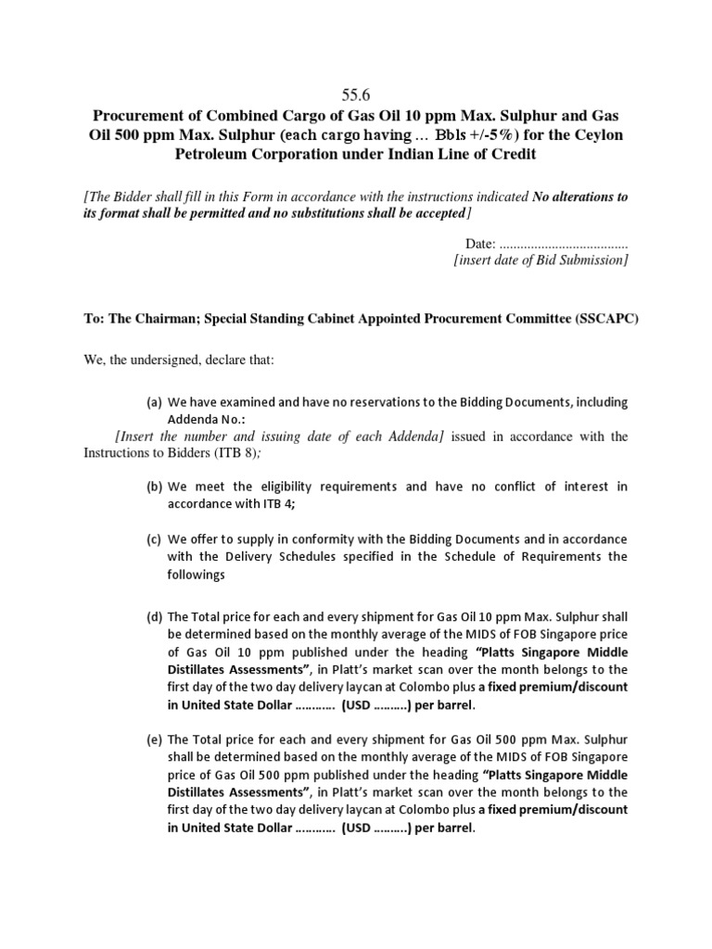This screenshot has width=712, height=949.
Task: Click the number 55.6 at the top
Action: [355, 93]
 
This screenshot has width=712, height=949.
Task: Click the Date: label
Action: [480, 243]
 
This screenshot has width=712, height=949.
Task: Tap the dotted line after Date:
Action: [564, 244]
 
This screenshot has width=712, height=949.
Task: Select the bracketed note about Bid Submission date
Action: [540, 260]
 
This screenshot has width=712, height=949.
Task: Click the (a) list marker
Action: [154, 402]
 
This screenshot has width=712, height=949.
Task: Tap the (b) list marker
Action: [154, 487]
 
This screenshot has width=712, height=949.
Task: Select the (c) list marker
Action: [154, 539]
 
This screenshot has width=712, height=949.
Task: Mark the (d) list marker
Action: [154, 616]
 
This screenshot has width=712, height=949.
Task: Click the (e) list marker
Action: [154, 740]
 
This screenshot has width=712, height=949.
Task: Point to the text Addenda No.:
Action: [207, 419]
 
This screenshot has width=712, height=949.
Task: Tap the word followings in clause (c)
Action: [196, 575]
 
